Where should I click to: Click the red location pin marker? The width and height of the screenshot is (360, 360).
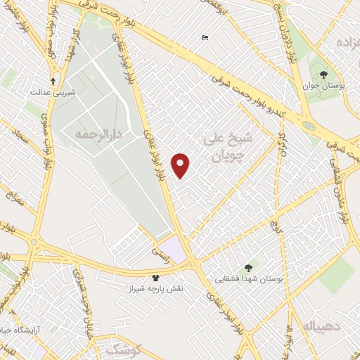[181, 165]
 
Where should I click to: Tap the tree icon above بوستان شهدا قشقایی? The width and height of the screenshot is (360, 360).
[247, 268]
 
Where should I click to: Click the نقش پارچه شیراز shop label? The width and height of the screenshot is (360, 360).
[155, 289]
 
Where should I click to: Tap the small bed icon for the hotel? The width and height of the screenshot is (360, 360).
[205, 37]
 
